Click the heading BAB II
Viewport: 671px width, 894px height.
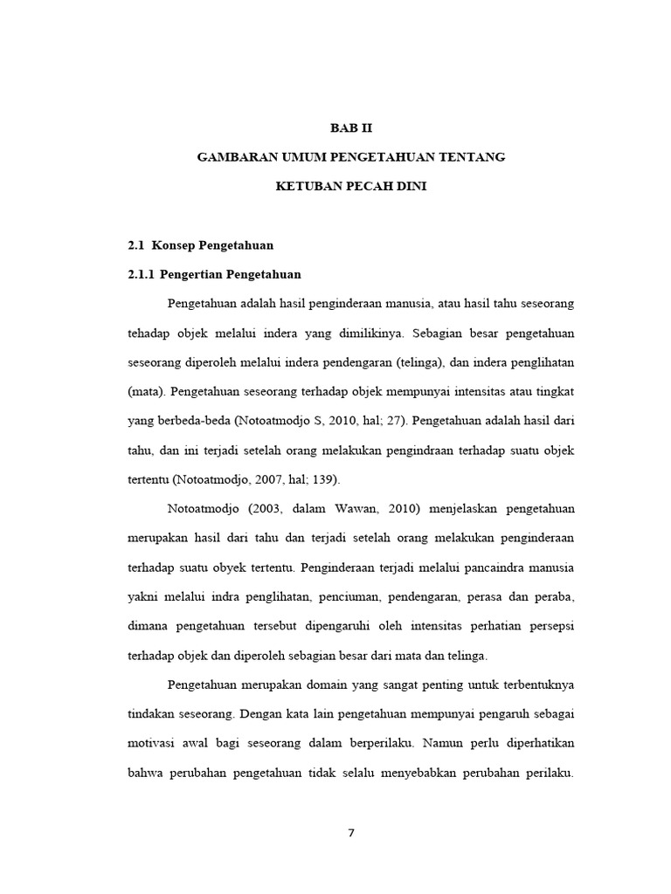[x=350, y=127]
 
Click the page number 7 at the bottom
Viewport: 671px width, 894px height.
[x=351, y=832]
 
